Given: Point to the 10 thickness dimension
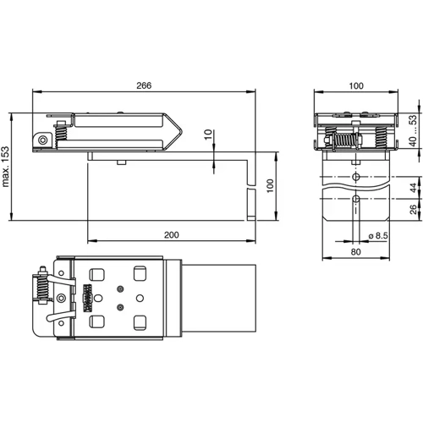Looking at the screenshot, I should [210, 136].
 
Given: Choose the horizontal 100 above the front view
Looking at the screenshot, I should [354, 85].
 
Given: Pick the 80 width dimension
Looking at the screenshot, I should [354, 252].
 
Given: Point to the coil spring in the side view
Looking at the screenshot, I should [62, 133].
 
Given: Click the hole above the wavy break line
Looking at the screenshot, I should [355, 176].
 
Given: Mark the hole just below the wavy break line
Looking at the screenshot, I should [355, 201].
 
